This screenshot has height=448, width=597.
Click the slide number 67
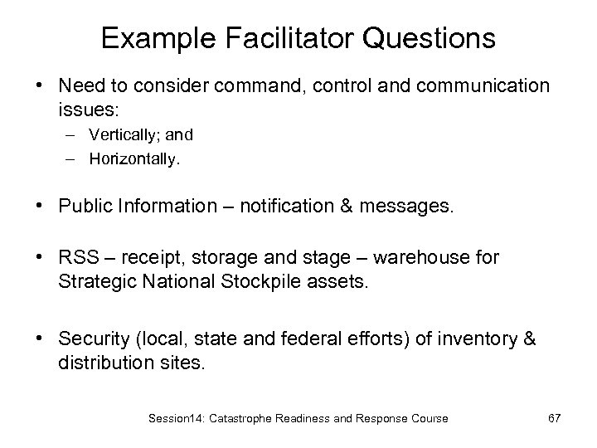(554, 418)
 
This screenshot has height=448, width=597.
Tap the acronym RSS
(79, 258)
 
